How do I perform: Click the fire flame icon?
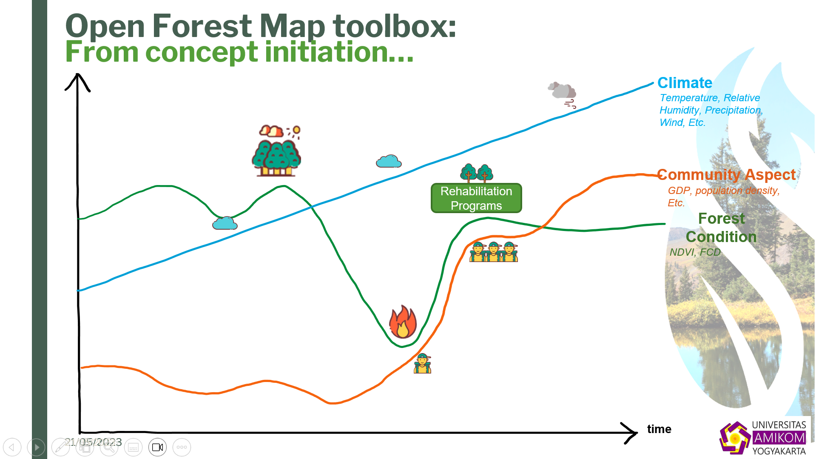click(x=403, y=322)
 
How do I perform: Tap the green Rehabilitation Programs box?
click(x=476, y=198)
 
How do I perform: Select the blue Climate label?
click(x=685, y=83)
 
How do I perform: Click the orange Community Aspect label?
click(x=726, y=175)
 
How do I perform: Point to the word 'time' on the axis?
click(x=659, y=429)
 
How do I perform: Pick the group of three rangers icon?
click(x=493, y=251)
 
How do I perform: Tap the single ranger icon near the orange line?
click(x=423, y=364)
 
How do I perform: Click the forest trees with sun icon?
click(x=277, y=151)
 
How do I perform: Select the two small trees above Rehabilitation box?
click(x=477, y=173)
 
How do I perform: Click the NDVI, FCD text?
click(x=695, y=252)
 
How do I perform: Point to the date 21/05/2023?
click(x=93, y=442)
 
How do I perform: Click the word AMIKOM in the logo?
click(x=779, y=438)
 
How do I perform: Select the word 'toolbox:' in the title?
click(x=394, y=26)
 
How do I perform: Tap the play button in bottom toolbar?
click(x=36, y=447)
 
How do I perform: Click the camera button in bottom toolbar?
click(x=158, y=447)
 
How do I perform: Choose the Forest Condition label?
click(x=721, y=228)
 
